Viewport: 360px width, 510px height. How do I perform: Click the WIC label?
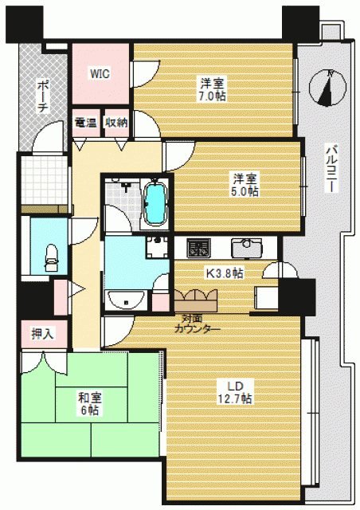(x=100, y=74)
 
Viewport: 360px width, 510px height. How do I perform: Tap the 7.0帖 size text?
(x=213, y=96)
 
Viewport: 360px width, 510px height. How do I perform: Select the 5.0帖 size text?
(x=245, y=191)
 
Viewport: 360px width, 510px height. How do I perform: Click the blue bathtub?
(x=155, y=204)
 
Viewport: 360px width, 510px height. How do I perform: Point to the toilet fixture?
(x=51, y=258)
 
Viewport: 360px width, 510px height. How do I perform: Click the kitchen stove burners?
(x=198, y=249)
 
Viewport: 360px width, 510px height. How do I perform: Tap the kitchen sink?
(x=246, y=248)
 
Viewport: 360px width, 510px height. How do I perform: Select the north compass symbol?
(x=327, y=88)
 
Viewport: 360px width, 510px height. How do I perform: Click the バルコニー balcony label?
(x=332, y=168)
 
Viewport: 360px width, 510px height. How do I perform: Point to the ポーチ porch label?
(x=42, y=96)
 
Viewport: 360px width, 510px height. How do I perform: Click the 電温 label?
(x=86, y=123)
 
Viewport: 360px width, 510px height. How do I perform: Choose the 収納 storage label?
(x=115, y=123)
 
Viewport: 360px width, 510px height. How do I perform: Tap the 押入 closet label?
(x=42, y=334)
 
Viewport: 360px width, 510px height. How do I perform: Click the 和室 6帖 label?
(x=90, y=404)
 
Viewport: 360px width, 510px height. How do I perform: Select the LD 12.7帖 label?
(x=235, y=392)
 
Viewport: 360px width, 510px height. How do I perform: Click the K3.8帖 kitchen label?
(x=225, y=273)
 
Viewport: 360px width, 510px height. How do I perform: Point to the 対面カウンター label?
(x=197, y=324)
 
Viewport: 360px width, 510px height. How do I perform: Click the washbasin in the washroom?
(x=126, y=300)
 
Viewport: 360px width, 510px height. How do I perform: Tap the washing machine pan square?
(x=158, y=247)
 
